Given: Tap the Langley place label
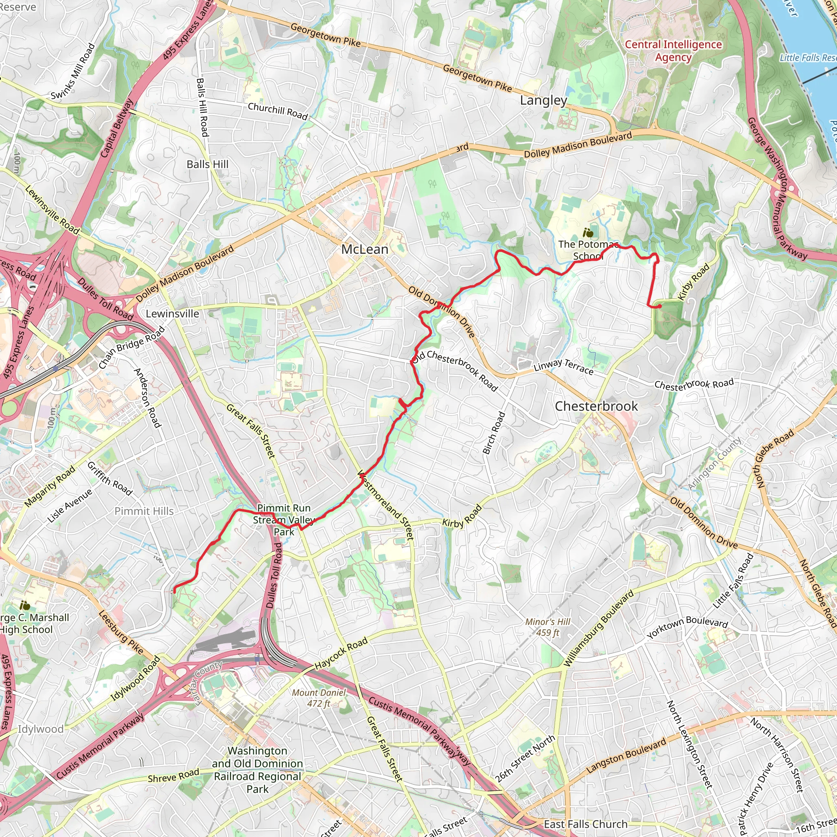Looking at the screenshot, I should point(543,101).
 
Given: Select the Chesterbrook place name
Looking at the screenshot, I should point(596,406).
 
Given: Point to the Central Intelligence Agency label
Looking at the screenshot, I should point(673,51).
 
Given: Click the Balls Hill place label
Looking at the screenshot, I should point(207,164).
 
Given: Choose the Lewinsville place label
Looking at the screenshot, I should point(172,313).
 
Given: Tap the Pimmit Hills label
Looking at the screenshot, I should point(144,511).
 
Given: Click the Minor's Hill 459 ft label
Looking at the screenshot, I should point(548,627).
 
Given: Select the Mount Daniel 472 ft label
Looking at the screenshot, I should point(319,698).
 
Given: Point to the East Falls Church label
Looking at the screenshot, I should point(585,824).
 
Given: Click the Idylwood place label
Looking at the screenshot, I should point(40,729).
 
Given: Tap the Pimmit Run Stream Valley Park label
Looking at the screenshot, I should point(284,519).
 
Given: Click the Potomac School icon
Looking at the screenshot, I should point(587,233).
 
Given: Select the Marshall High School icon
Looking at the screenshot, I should point(25,605).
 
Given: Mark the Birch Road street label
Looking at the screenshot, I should point(494,433).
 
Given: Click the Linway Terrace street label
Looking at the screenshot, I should point(563,367).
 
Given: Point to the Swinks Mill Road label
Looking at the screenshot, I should point(73,72).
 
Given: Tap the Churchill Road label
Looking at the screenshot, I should point(278,110).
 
